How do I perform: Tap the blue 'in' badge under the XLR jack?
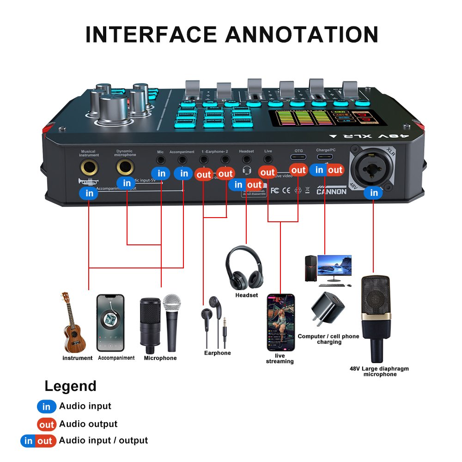374,193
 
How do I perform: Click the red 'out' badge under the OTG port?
298,170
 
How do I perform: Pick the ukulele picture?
73,323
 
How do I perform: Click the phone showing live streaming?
280,322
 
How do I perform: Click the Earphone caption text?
217,353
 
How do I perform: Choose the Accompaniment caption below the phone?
116,358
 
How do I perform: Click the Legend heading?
70,386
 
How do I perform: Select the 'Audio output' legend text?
88,424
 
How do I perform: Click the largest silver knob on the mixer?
113,109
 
